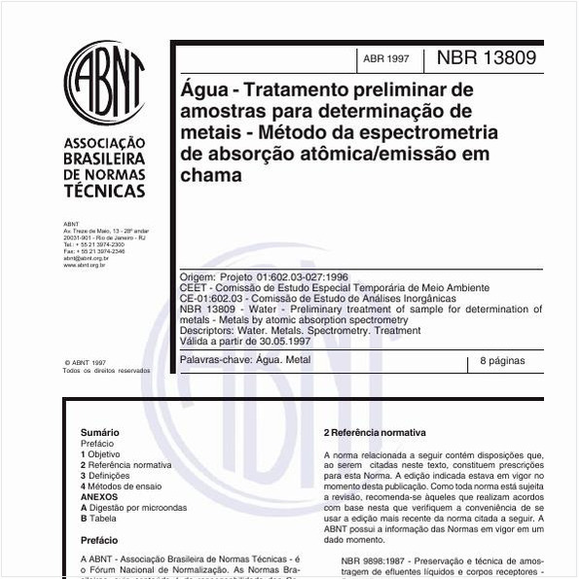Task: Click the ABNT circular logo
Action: click(x=104, y=83)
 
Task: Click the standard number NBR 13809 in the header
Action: click(x=486, y=57)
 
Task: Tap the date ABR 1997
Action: click(x=386, y=59)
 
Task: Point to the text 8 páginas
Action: click(x=502, y=361)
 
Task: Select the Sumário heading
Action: click(x=100, y=432)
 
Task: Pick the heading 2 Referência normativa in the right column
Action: click(x=375, y=432)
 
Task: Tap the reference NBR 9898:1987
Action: click(x=376, y=561)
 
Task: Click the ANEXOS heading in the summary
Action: click(x=99, y=497)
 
